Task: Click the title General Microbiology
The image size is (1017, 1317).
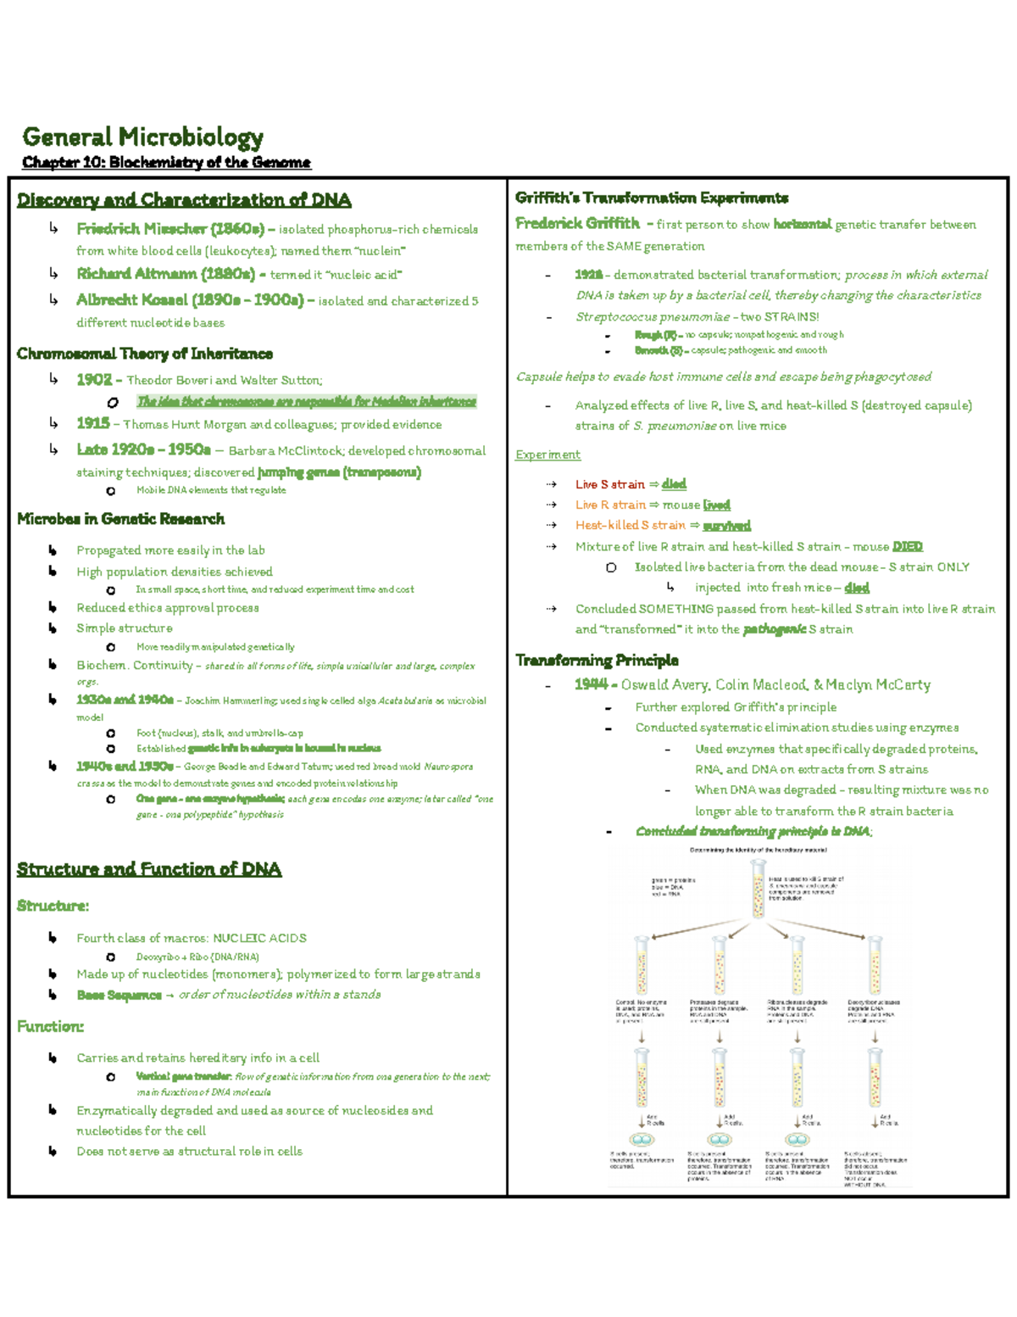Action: tap(142, 137)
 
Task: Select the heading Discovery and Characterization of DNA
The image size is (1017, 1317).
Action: tap(183, 200)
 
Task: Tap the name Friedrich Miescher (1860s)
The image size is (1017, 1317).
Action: tap(170, 229)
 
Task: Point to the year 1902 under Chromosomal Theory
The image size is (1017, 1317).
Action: tap(93, 380)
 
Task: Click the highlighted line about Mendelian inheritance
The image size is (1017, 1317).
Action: tap(306, 401)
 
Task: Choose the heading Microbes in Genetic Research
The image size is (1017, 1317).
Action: tap(120, 519)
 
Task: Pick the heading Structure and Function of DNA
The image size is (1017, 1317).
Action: tap(148, 869)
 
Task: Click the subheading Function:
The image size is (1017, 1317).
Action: tap(50, 1026)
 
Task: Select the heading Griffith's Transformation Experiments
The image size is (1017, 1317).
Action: tap(651, 198)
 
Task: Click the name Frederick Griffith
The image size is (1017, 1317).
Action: tap(577, 223)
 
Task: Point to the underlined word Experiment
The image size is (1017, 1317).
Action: tap(547, 455)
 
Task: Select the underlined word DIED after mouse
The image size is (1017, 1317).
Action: tap(907, 547)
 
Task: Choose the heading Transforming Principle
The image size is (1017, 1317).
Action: tap(597, 660)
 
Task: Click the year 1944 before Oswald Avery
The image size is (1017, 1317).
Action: tap(591, 684)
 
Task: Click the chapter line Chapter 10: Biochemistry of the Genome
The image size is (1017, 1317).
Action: tap(166, 162)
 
